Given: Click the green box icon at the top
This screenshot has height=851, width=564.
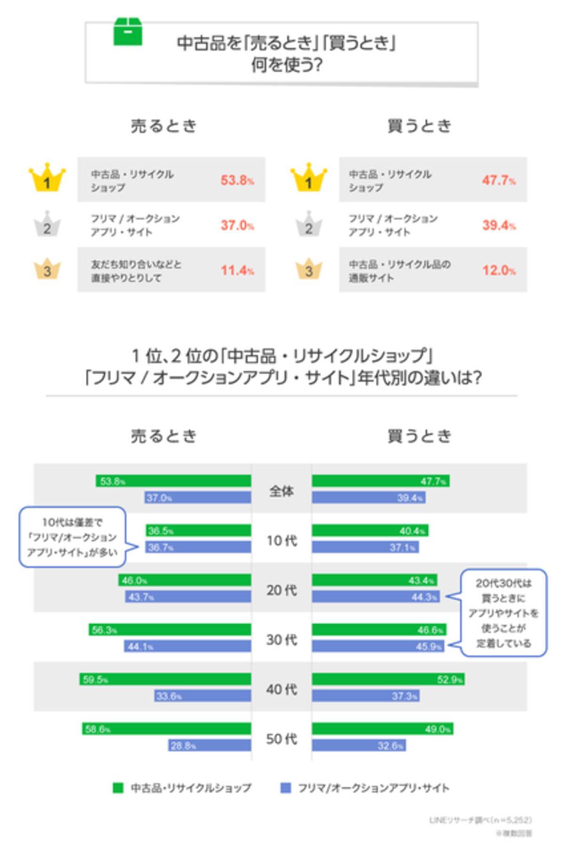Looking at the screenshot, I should (x=127, y=31).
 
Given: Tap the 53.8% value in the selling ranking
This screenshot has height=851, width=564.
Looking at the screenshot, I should (x=237, y=180).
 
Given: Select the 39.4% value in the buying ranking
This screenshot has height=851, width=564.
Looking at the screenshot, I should (x=498, y=225).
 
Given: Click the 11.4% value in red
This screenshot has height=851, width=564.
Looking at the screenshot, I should (x=237, y=270).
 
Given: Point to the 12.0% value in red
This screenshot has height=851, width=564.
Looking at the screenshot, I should (x=498, y=270).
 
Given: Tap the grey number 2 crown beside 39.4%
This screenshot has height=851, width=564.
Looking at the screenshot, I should (x=309, y=225).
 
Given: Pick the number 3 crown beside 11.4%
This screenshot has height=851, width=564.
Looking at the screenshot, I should (x=47, y=269).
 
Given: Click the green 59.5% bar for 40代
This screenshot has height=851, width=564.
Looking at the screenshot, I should (x=165, y=679).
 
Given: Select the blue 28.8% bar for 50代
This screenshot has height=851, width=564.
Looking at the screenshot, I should (x=210, y=745).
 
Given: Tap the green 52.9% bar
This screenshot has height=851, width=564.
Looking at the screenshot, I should (x=388, y=679).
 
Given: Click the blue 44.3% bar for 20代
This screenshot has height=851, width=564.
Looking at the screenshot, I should (x=376, y=597).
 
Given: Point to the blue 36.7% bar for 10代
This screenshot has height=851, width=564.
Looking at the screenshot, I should (x=198, y=547).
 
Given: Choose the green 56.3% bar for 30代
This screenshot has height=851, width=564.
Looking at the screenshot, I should (x=170, y=630).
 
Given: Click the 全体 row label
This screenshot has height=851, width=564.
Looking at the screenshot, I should (x=282, y=491).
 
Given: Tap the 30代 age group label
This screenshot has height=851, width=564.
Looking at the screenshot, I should (x=282, y=640).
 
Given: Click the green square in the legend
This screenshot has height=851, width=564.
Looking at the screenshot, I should (x=118, y=788).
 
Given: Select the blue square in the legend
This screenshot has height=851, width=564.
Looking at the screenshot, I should (x=285, y=788).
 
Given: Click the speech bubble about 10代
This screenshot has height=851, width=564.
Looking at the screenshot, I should (x=73, y=537).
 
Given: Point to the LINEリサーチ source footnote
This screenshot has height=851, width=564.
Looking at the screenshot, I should (x=480, y=820).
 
